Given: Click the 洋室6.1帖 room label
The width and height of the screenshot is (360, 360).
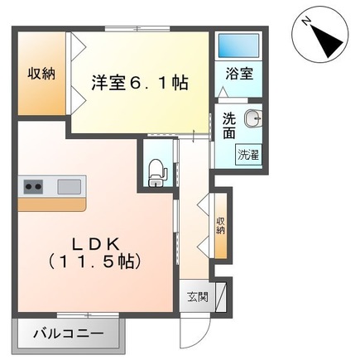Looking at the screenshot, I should point(138,83).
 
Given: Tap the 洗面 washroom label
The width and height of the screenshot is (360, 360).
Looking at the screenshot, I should point(229,126).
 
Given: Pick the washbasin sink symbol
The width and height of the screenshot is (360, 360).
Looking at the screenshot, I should point(255,118).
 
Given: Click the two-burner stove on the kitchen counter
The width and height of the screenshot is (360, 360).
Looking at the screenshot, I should point(32,185).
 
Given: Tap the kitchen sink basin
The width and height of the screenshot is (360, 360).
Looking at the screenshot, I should point(68,185).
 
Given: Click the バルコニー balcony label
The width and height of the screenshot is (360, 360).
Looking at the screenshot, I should point(69,335).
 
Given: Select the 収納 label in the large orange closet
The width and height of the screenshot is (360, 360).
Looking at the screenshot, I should point(41,73).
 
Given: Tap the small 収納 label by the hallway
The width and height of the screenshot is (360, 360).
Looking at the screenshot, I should point(221,224).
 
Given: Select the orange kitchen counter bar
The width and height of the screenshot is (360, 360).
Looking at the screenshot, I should point(50,204).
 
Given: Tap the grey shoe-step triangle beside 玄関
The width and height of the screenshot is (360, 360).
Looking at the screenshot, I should point(220,297).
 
